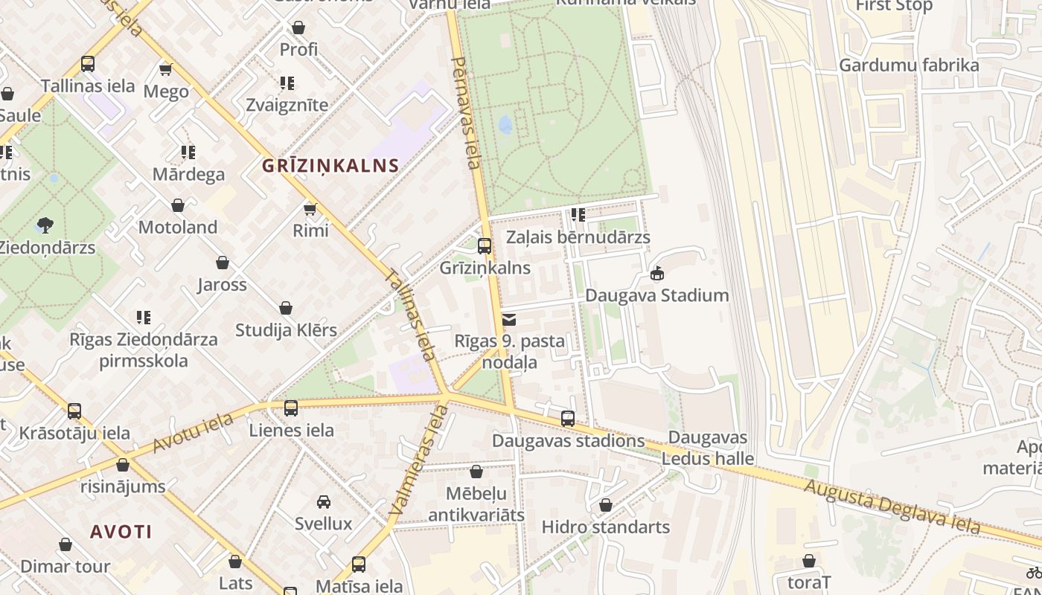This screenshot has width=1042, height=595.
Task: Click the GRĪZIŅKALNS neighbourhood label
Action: point(330,165)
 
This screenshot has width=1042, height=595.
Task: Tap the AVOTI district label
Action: point(121,532)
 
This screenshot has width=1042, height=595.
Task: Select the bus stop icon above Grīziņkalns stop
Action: point(485,245)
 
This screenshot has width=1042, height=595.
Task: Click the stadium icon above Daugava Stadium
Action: point(656,274)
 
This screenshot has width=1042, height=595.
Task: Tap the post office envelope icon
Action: point(509,320)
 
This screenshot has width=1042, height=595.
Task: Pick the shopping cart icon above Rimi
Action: point(310,209)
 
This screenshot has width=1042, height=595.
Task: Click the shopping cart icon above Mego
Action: point(166,69)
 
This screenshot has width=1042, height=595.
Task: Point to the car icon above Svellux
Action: point(323,502)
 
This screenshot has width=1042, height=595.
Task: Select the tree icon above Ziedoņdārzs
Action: point(45,225)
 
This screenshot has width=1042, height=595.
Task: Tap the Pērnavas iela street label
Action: point(467,113)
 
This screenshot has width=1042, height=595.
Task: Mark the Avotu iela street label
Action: point(193,433)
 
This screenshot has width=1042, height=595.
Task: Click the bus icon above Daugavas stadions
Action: point(568,419)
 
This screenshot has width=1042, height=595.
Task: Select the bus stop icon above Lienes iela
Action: point(291,408)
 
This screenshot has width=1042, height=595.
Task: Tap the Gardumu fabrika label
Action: point(909,65)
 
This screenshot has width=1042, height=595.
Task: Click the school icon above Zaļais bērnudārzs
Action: point(578,215)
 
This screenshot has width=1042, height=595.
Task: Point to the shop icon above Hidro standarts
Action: point(606,505)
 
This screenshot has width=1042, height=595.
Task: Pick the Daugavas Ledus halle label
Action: point(708,448)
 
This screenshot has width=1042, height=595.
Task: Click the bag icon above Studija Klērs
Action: point(286,308)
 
